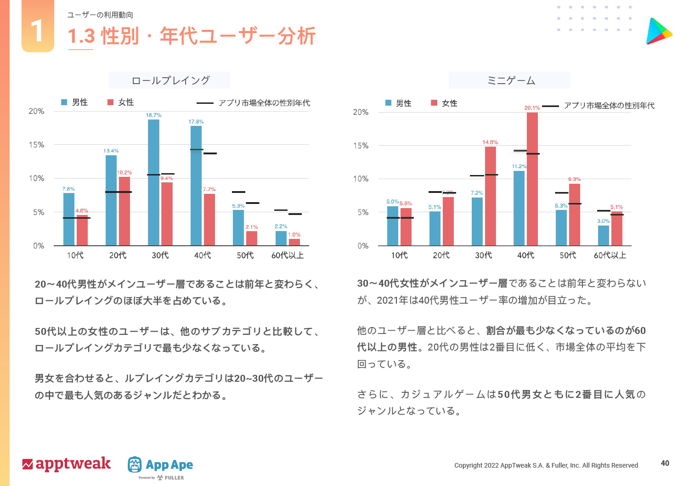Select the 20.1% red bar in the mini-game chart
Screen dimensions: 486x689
click(x=532, y=179)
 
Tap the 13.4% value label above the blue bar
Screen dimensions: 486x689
click(x=111, y=151)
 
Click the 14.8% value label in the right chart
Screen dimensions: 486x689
click(x=490, y=142)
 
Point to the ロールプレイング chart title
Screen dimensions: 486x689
click(x=170, y=81)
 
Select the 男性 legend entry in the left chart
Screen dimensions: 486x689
click(x=75, y=102)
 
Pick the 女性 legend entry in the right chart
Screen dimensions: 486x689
click(x=444, y=103)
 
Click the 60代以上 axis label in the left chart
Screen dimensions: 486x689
click(x=288, y=255)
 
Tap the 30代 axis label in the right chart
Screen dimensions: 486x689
click(x=483, y=255)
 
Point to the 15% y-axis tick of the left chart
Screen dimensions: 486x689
click(x=37, y=145)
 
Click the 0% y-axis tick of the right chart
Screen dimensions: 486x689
click(x=363, y=246)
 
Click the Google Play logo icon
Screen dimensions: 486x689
click(x=659, y=31)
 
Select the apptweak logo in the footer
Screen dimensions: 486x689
click(x=67, y=464)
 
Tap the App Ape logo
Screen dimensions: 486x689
click(x=160, y=465)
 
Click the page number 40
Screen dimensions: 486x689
click(x=665, y=463)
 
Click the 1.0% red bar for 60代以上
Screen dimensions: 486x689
click(x=294, y=242)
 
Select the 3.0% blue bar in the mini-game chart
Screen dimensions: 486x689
click(x=604, y=236)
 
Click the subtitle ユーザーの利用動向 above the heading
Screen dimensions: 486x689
click(x=100, y=15)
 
